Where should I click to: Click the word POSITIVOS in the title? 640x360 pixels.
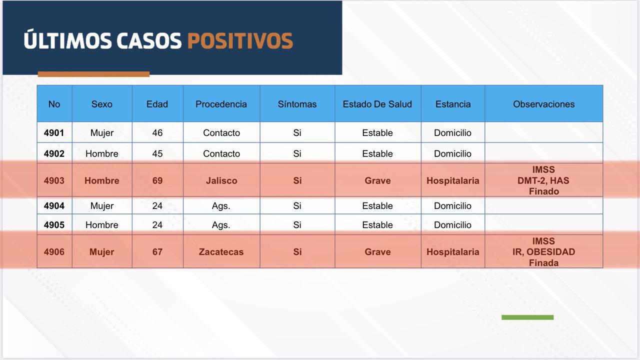240,41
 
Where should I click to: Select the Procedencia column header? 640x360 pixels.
221,104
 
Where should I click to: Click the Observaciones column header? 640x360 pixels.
543,104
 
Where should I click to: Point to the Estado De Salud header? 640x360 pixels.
377,104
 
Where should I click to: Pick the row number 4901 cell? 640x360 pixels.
54,132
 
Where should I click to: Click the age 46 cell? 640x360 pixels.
157,132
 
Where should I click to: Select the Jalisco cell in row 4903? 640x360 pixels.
221,180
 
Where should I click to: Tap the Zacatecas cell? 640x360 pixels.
221,251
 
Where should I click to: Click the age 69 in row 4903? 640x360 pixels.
157,180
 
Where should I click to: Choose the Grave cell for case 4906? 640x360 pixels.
377,251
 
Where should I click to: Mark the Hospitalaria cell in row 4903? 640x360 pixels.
453,180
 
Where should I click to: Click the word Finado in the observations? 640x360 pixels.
543,191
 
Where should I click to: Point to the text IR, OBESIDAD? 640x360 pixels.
543,251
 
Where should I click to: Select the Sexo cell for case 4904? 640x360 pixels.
102,205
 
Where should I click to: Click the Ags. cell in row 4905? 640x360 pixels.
221,225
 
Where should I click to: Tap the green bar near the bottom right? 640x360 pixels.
527,317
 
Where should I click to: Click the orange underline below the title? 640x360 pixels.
93,74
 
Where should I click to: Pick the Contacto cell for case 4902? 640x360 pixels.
221,153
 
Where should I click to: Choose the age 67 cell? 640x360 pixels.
157,251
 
